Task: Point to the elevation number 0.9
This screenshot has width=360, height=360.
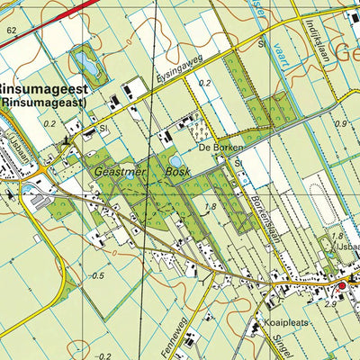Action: coord(340,123)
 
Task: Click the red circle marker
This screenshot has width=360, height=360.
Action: coord(341,287)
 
